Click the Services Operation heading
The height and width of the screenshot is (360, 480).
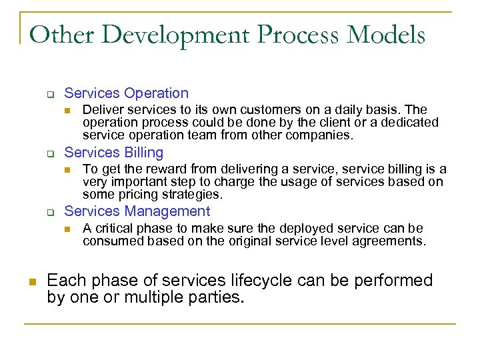point(126,93)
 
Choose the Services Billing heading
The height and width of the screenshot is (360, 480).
point(113,153)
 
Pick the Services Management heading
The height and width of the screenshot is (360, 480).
point(137,211)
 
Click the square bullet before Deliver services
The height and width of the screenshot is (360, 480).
point(67,110)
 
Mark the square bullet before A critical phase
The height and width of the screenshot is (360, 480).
point(67,229)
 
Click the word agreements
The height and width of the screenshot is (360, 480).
point(393,241)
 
